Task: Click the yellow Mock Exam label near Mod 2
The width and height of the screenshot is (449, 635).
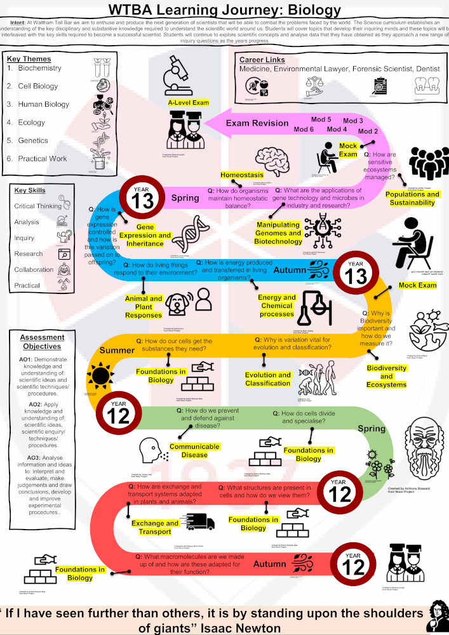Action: [348, 150]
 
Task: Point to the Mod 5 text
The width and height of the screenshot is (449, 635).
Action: [321, 119]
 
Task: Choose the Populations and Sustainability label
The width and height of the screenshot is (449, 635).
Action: [413, 199]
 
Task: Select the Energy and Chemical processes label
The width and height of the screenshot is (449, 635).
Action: [277, 305]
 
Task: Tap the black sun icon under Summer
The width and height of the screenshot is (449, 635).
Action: [100, 376]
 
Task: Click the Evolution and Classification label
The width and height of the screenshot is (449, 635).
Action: [268, 379]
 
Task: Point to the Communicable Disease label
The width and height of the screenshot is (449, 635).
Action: [194, 451]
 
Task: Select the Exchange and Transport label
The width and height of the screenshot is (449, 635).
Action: [156, 528]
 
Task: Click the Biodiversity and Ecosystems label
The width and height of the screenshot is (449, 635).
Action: [386, 377]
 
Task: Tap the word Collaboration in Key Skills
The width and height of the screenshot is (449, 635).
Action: [36, 269]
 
